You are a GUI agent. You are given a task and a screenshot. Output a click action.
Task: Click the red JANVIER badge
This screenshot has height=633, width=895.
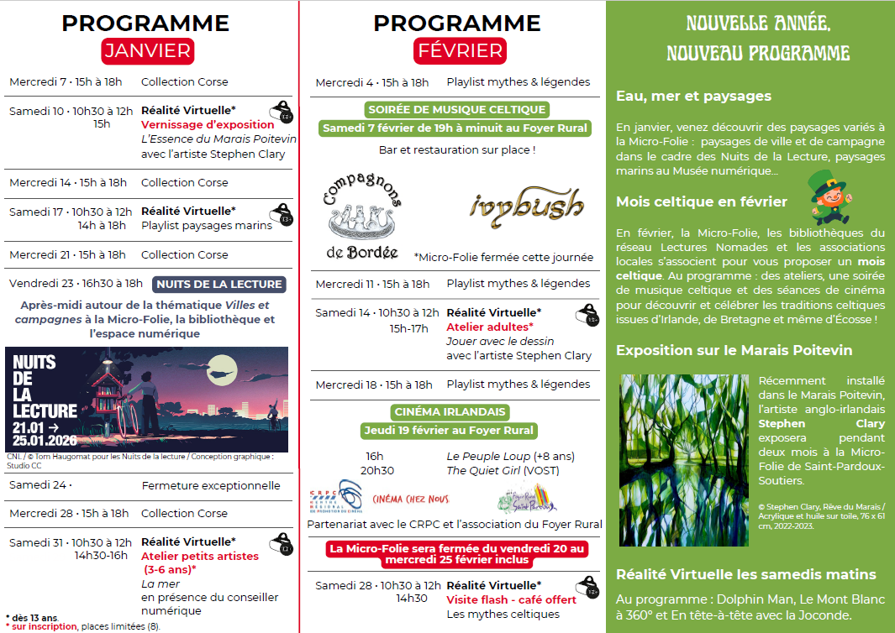pyautogui.click(x=148, y=50)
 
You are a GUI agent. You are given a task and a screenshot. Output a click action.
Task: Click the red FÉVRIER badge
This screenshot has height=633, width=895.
pyautogui.click(x=459, y=50)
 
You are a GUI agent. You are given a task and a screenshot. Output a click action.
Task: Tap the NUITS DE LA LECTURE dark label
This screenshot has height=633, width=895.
pyautogui.click(x=220, y=284)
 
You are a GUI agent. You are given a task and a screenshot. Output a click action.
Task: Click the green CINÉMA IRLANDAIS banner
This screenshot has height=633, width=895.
pyautogui.click(x=450, y=411)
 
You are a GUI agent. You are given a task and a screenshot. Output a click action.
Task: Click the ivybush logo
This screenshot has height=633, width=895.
pyautogui.click(x=526, y=205)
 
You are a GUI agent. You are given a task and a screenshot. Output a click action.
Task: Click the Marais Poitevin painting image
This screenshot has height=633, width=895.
pyautogui.click(x=683, y=460)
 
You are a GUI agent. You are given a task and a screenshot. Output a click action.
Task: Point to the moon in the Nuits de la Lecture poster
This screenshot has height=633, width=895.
pyautogui.click(x=220, y=364)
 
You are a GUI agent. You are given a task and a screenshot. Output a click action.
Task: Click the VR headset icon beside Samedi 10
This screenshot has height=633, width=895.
pyautogui.click(x=282, y=112)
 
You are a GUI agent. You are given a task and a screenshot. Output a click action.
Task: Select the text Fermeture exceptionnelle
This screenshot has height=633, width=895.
pyautogui.click(x=211, y=485)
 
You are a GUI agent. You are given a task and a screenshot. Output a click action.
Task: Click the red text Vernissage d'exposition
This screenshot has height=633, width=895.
pyautogui.click(x=208, y=124)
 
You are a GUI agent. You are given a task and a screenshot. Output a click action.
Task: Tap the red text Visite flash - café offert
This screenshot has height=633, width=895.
pyautogui.click(x=511, y=599)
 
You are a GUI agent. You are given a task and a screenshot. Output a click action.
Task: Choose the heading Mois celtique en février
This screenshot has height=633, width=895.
pyautogui.click(x=702, y=201)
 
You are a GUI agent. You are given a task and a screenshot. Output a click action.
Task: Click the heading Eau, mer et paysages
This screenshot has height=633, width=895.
pyautogui.click(x=682, y=96)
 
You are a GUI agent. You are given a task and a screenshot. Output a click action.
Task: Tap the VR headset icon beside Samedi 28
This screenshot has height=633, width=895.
pyautogui.click(x=587, y=587)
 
